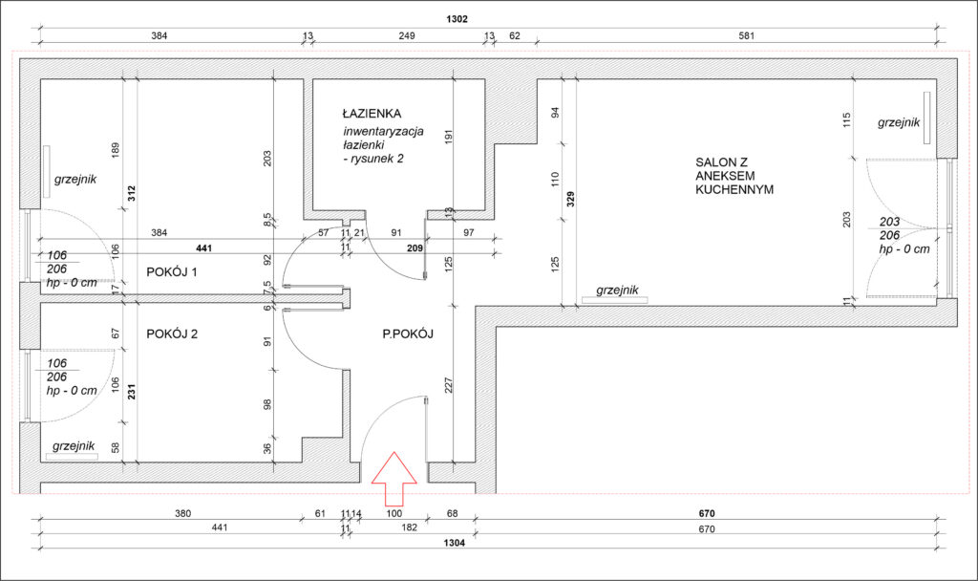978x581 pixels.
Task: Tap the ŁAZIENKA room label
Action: pyautogui.click(x=372, y=114)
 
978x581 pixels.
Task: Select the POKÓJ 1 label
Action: pyautogui.click(x=172, y=272)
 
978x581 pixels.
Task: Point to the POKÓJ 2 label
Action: pyautogui.click(x=172, y=334)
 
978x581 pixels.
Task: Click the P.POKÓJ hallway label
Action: pyautogui.click(x=408, y=334)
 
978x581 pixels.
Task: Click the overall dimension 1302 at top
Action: pyautogui.click(x=457, y=19)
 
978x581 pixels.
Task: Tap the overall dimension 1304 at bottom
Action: pyautogui.click(x=454, y=543)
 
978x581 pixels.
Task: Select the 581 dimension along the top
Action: pyautogui.click(x=747, y=35)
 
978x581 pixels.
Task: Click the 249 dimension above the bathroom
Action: pyautogui.click(x=407, y=35)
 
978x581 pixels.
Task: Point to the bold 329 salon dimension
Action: pyautogui.click(x=570, y=200)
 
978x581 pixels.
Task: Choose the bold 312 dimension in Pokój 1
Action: pyautogui.click(x=131, y=193)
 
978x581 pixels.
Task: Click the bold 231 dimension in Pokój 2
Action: pyautogui.click(x=131, y=391)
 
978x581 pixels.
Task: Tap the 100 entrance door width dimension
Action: pyautogui.click(x=394, y=513)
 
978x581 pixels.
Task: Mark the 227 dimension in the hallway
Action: pyautogui.click(x=449, y=385)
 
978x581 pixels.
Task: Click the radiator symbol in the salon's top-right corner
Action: pyautogui.click(x=926, y=118)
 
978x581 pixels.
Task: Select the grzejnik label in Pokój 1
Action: pyautogui.click(x=75, y=179)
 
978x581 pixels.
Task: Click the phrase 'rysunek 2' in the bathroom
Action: pyautogui.click(x=376, y=159)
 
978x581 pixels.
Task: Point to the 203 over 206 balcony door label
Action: pyautogui.click(x=889, y=228)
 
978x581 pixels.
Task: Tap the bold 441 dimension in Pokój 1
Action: pyautogui.click(x=204, y=248)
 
